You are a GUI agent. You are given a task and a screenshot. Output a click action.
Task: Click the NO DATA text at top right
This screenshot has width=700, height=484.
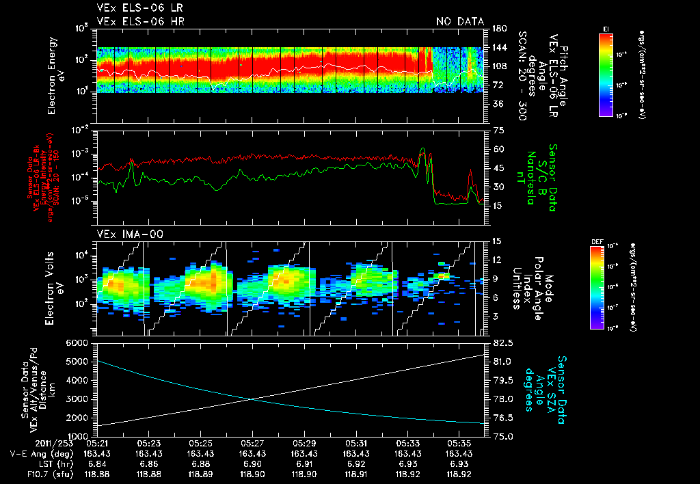(460, 21)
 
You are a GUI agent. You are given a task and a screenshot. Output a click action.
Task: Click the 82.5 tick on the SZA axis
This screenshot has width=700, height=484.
(502, 342)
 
